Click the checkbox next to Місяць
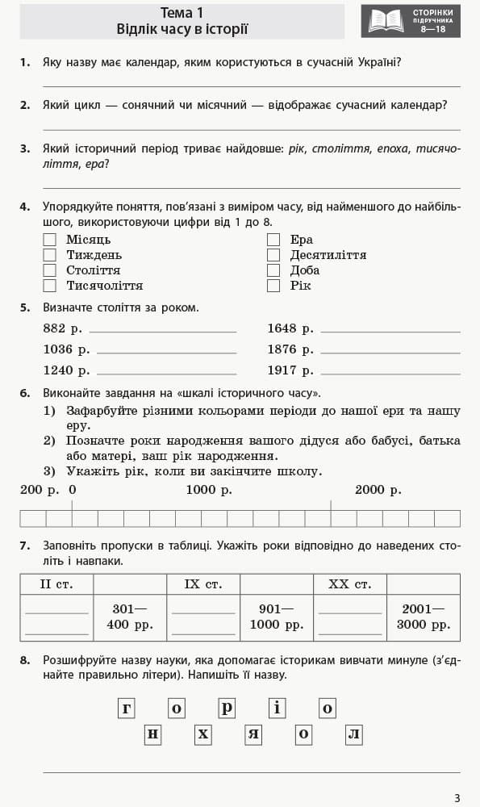click(50, 240)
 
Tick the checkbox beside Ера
click(273, 240)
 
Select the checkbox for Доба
click(273, 270)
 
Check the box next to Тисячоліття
click(50, 286)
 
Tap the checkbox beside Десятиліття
click(273, 255)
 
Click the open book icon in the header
click(386, 21)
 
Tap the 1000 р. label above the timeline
click(209, 490)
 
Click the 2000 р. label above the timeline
click(378, 490)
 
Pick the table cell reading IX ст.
click(203, 583)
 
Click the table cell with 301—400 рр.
click(130, 617)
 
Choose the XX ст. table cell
click(350, 583)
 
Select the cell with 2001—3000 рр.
click(424, 617)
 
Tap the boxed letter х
click(203, 734)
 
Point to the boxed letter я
click(254, 734)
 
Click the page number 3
click(457, 798)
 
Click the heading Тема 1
click(182, 12)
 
